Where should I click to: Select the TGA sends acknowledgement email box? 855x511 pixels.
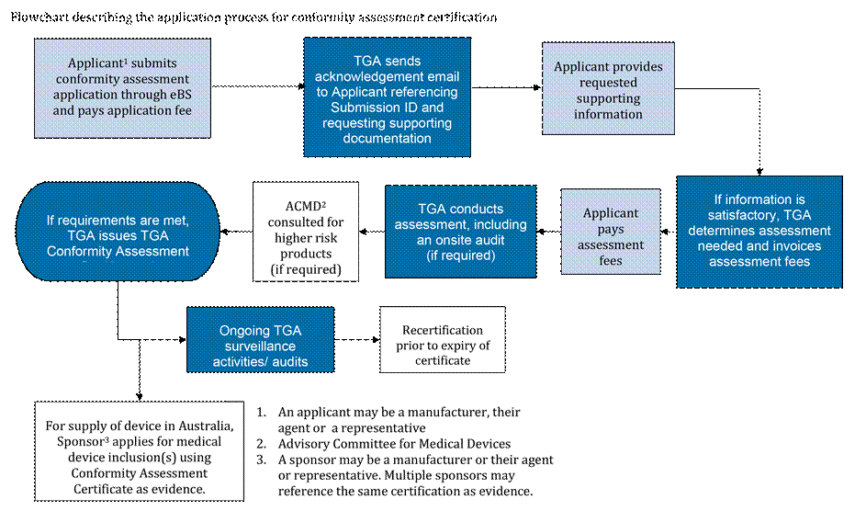(387, 97)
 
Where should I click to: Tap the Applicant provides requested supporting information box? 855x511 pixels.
(608, 90)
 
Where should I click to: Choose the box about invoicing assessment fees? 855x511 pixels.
(759, 230)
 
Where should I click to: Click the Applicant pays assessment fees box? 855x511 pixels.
(611, 236)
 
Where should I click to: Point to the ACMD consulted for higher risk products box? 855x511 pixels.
(306, 231)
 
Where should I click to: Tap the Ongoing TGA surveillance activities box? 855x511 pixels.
(260, 340)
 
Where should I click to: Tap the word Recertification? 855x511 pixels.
(443, 330)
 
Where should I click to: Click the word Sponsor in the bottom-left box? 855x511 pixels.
(73, 442)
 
